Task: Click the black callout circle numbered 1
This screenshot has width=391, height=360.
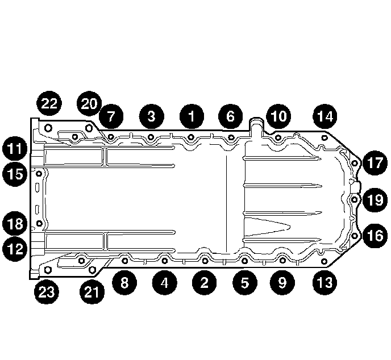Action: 191,117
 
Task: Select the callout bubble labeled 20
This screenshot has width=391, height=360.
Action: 89,103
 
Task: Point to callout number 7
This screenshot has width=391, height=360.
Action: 110,118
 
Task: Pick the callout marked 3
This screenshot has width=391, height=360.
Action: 151,117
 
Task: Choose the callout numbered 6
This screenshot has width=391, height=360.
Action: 230,117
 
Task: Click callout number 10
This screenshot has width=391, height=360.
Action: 278,117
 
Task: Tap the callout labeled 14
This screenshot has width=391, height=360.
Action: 324,117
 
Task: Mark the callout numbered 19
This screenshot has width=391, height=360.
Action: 374,199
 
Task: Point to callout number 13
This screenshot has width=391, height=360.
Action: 324,282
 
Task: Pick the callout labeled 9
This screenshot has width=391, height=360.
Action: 282,282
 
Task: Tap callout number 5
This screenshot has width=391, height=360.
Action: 244,282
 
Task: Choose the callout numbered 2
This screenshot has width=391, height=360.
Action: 204,282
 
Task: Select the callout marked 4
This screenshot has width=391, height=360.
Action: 164,282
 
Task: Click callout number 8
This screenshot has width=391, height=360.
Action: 124,282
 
